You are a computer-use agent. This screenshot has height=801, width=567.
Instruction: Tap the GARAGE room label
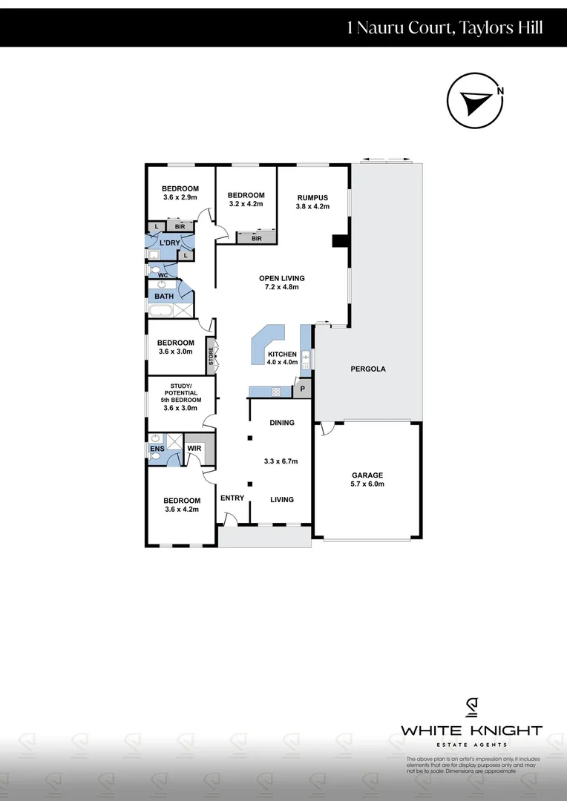pos(367,475)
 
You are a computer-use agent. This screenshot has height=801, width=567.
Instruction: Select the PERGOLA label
pos(368,369)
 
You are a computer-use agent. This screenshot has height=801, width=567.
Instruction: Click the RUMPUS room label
pos(312,197)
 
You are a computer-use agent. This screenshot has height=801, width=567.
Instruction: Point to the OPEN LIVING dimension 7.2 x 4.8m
pos(282,287)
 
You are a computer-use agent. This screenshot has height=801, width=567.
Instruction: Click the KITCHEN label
pos(282,354)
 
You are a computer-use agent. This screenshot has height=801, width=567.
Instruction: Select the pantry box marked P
pos(303,389)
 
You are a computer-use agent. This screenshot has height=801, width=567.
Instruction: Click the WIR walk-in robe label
pos(194,449)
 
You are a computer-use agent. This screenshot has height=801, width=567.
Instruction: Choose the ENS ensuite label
pos(157,449)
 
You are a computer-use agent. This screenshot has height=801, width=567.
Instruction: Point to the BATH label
pos(164,297)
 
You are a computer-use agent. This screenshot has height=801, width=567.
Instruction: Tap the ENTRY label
pos(232,498)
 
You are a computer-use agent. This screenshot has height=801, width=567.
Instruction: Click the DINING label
pos(282,423)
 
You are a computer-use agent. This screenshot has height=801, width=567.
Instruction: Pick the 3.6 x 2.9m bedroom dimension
pos(180,198)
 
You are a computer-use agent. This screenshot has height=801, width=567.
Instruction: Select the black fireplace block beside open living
pos(340,241)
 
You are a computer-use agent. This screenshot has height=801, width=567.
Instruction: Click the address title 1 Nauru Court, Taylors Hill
pos(445,28)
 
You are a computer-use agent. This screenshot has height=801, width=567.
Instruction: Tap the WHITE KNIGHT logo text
pos(471,731)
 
